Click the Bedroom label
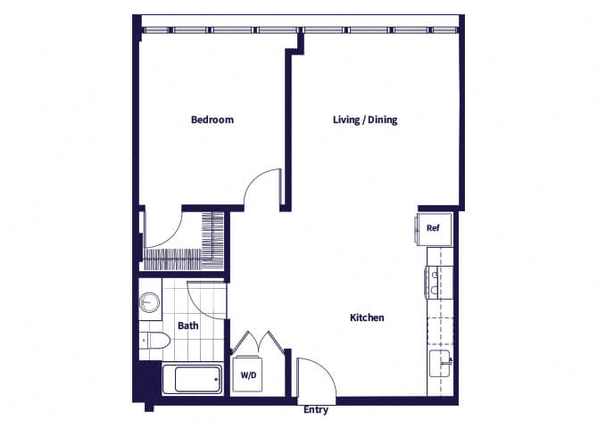[212, 119]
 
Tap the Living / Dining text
[366, 119]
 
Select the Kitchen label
[366, 317]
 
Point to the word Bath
[187, 325]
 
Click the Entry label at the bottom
[316, 410]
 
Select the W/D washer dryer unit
[248, 375]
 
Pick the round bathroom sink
[149, 303]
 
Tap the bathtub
[192, 378]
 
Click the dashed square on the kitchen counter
[441, 326]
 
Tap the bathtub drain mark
[217, 380]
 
